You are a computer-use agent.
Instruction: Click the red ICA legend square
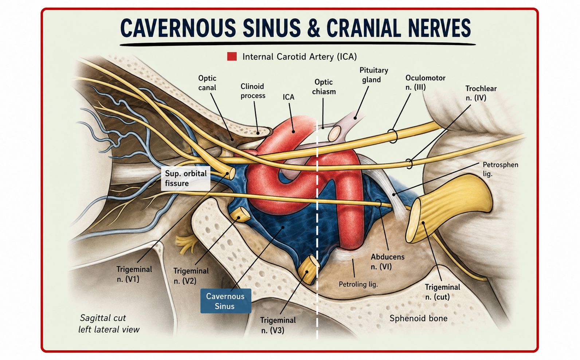click(232, 56)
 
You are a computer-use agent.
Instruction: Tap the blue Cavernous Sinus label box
click(226, 301)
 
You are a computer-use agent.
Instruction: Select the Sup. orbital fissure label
click(186, 179)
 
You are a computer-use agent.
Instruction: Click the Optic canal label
click(207, 83)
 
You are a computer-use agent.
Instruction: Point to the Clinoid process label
click(253, 91)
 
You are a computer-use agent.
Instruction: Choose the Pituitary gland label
click(373, 75)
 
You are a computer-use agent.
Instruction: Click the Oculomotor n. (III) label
click(425, 82)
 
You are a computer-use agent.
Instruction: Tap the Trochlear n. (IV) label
click(481, 93)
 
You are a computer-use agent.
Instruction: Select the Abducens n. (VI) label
click(387, 262)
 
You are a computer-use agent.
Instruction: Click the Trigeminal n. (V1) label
click(134, 274)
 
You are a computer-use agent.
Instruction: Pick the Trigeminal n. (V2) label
click(191, 276)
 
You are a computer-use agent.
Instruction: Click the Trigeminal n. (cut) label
click(443, 292)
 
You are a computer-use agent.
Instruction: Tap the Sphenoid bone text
click(419, 318)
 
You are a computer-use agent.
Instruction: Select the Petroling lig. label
click(358, 284)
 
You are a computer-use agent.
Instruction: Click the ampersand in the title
click(313, 28)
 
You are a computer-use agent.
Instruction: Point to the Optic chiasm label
click(324, 87)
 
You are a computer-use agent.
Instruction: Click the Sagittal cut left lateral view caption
click(109, 324)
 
